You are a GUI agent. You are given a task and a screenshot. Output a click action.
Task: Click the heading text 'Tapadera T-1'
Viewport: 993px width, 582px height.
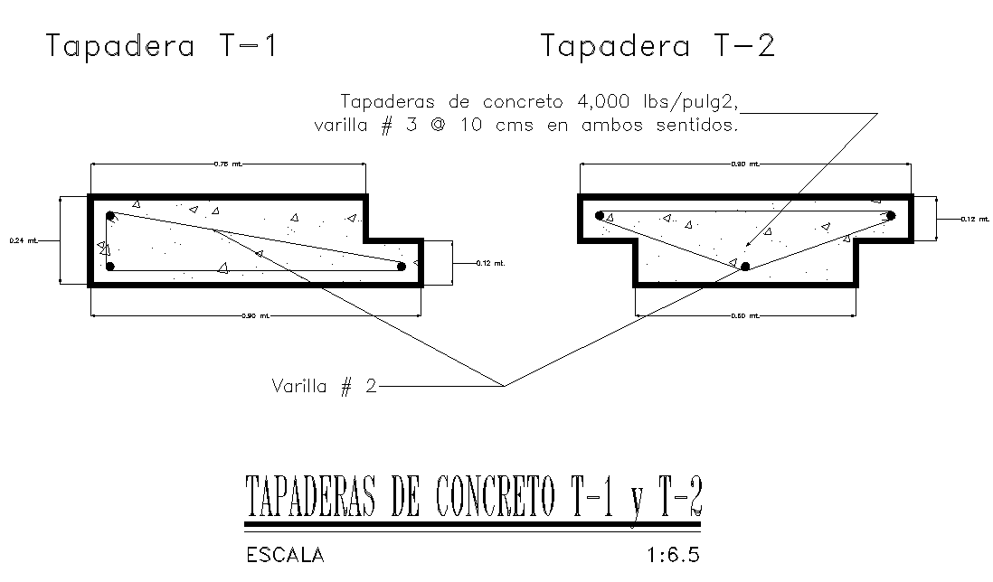[161, 46]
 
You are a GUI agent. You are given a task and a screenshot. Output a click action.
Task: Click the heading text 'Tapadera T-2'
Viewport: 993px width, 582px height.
[657, 46]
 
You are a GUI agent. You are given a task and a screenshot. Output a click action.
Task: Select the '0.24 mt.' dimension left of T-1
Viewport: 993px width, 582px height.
[24, 240]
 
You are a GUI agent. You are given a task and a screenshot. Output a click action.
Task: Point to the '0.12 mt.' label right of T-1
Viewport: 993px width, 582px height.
[489, 263]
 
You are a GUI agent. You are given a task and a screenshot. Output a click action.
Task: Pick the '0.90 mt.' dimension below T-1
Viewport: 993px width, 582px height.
[255, 315]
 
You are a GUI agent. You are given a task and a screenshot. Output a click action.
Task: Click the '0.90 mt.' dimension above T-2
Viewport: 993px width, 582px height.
[745, 164]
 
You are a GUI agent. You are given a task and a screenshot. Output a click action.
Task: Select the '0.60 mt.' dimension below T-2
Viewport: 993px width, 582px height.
[745, 315]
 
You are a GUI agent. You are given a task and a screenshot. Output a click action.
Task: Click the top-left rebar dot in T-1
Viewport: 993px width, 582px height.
[110, 216]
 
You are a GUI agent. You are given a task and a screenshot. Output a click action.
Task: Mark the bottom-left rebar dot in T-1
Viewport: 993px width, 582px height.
[109, 267]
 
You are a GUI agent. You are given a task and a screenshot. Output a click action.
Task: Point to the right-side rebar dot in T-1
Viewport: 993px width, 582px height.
[402, 266]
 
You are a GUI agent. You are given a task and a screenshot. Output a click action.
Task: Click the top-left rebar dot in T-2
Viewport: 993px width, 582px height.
[600, 216]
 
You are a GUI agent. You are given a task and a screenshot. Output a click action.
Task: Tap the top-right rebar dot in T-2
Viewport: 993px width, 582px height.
[891, 216]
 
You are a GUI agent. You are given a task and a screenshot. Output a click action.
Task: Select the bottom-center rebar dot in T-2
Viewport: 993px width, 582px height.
[745, 267]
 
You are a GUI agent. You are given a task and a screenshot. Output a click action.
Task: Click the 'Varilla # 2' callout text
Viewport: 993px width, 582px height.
[324, 387]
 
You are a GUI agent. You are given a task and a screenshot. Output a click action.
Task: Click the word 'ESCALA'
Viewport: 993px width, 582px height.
[285, 555]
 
